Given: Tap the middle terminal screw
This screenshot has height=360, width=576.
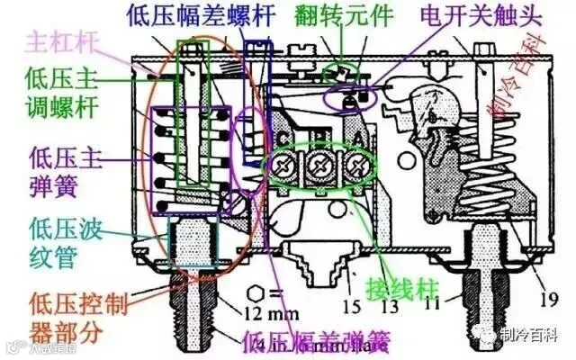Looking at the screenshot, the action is click(318, 165).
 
